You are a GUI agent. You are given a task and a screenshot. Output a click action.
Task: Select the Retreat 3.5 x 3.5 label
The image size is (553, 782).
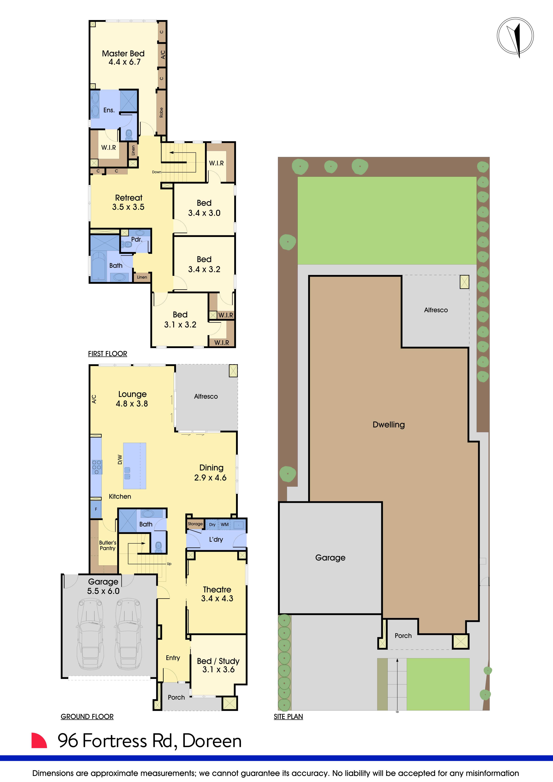click(x=128, y=202)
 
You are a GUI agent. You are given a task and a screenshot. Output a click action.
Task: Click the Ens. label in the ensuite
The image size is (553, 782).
click(x=109, y=110)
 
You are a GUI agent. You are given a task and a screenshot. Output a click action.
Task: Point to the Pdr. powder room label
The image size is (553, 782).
click(x=137, y=239)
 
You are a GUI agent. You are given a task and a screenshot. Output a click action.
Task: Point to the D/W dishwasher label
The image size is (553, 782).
click(x=119, y=459)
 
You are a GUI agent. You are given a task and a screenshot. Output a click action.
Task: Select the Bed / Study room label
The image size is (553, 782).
click(x=218, y=665)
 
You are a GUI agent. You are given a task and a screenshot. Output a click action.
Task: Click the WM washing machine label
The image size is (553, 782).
click(x=225, y=525)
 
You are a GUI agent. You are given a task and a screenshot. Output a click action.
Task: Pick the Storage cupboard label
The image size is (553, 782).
click(x=195, y=524)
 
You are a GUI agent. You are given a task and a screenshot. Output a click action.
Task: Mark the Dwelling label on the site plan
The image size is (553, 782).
click(x=389, y=425)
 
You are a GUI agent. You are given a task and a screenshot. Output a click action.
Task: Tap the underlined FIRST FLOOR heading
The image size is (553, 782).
click(x=108, y=354)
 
